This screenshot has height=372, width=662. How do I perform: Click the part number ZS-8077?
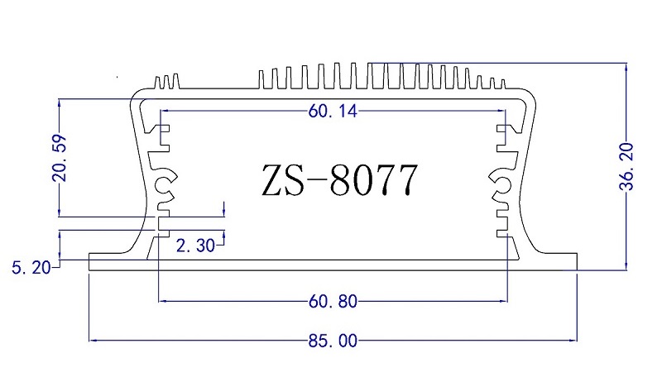point(340,180)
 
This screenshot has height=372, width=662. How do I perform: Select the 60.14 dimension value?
point(333,112)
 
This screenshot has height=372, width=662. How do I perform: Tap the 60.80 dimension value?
point(333,302)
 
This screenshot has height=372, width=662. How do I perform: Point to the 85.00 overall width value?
point(333,341)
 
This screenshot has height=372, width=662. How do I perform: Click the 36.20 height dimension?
point(626,167)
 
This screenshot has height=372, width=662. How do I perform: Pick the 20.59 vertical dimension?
point(60,158)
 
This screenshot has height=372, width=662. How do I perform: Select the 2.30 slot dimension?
point(195,246)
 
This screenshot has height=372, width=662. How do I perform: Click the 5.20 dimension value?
point(31,268)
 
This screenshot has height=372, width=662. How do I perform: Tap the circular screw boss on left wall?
point(162,185)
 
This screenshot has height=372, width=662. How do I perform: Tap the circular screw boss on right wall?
point(503,185)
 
